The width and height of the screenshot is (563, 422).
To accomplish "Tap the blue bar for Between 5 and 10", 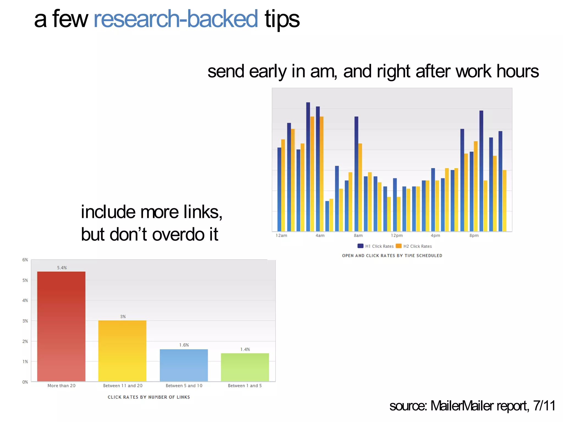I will [184, 365].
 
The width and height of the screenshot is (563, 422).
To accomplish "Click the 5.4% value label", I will [62, 268].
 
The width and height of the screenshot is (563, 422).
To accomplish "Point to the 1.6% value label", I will [184, 345].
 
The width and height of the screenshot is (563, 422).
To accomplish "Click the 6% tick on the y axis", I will [25, 260].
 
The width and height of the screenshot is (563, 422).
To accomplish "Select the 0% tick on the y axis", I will [25, 382].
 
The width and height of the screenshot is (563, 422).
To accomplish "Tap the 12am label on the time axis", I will [281, 235].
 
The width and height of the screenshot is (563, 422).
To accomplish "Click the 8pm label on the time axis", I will [474, 235].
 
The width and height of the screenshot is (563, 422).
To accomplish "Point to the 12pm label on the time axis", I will [397, 235].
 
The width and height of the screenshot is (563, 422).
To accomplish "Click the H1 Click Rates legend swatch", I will [360, 246].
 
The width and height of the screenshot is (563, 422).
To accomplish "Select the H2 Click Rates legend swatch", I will [399, 246].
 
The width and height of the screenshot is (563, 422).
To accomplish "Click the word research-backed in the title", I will [176, 19].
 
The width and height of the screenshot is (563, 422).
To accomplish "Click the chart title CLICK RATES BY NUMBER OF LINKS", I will [149, 397].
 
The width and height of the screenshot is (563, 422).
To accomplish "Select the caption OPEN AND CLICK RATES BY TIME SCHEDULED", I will [392, 256].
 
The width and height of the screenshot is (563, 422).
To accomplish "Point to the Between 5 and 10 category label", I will [184, 385].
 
